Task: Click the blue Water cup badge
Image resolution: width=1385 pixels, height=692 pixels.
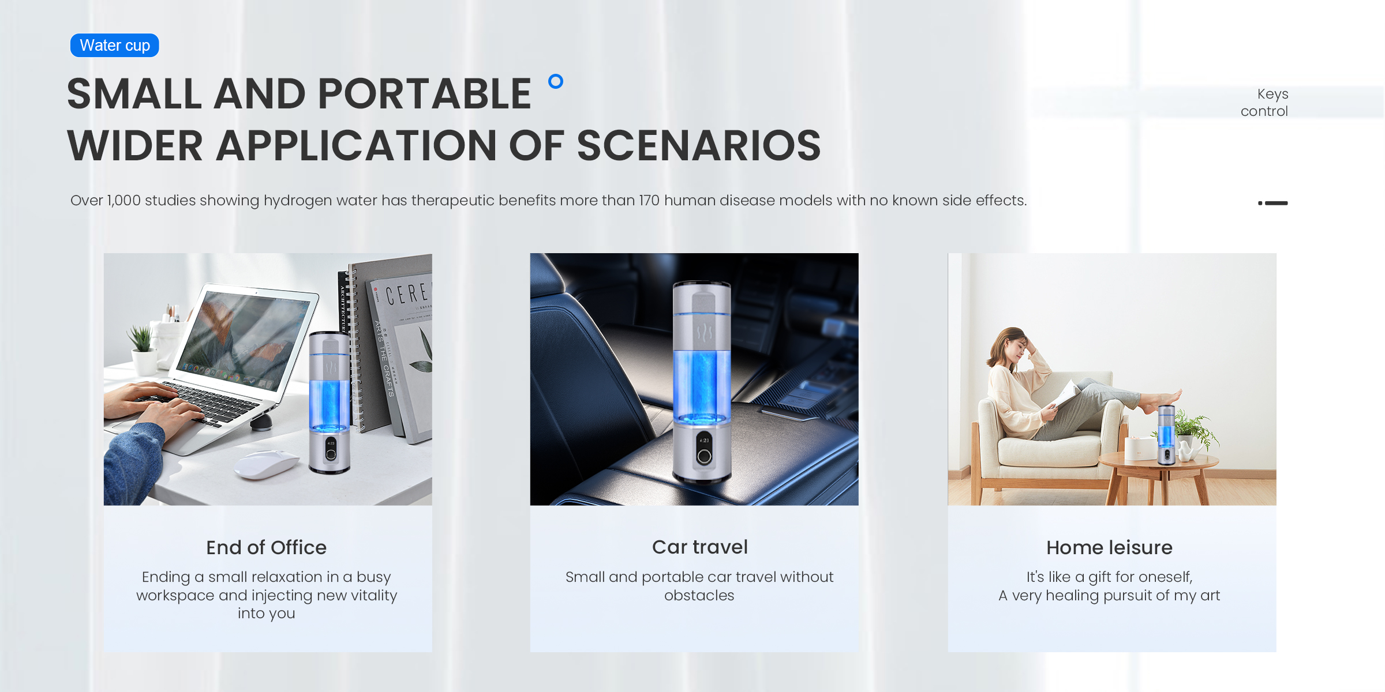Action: (114, 45)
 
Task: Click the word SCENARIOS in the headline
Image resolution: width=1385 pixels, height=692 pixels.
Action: (698, 145)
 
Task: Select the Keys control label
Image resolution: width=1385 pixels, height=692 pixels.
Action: (1264, 103)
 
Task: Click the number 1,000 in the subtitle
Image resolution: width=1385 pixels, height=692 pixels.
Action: (123, 201)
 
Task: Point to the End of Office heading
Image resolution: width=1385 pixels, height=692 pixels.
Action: (266, 547)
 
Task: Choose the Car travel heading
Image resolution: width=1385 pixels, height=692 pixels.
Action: (699, 547)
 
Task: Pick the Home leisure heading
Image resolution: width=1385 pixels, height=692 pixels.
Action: (1109, 547)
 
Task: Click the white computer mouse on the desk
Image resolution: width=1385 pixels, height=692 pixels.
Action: (266, 464)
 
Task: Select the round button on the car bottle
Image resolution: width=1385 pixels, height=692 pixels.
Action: (704, 457)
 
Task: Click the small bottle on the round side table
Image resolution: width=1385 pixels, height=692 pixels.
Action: (1166, 435)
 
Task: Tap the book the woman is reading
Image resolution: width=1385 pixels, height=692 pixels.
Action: (1065, 395)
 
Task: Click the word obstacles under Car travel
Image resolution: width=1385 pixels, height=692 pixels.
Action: (699, 595)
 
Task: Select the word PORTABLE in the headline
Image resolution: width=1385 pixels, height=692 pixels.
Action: (424, 94)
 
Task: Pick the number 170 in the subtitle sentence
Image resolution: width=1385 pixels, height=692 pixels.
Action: (649, 201)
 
